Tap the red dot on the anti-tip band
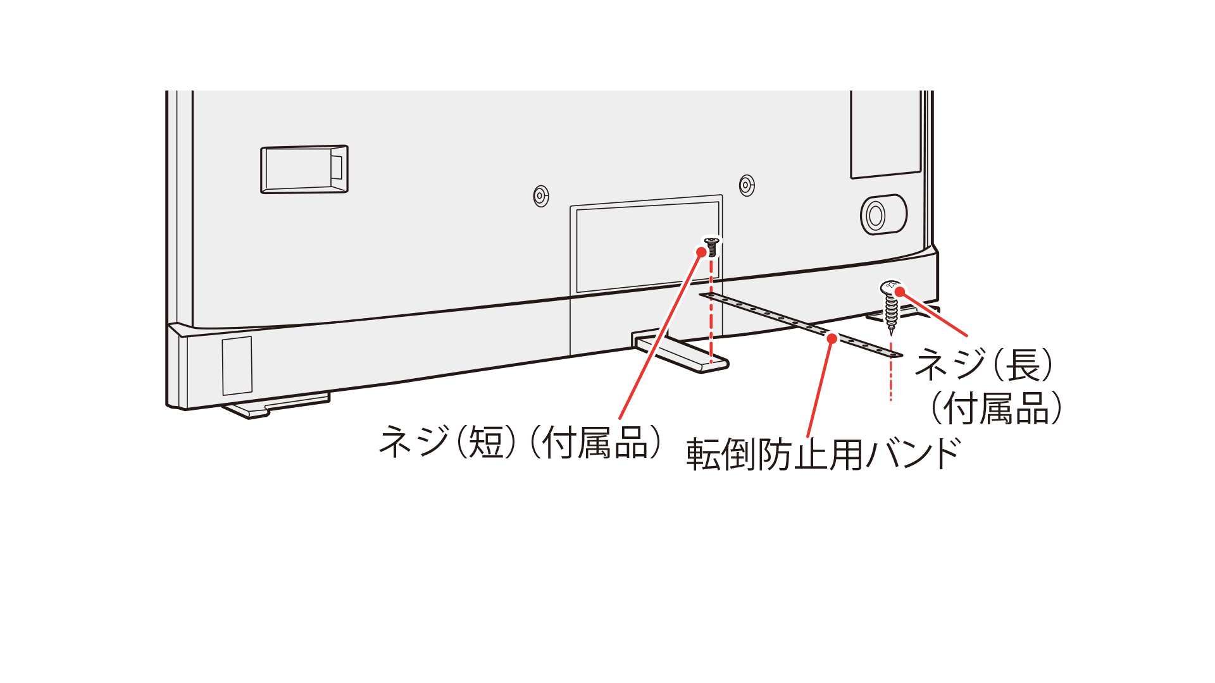pyautogui.click(x=832, y=339)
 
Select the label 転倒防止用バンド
pyautogui.click(x=823, y=454)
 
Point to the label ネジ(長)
pyautogui.click(x=985, y=365)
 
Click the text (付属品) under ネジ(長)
pyautogui.click(x=997, y=409)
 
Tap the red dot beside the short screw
pyautogui.click(x=701, y=252)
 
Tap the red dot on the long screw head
pyautogui.click(x=899, y=292)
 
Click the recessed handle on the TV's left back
pyautogui.click(x=304, y=169)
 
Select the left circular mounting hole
pyautogui.click(x=540, y=196)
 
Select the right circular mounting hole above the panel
pyautogui.click(x=747, y=186)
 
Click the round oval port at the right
pyautogui.click(x=882, y=215)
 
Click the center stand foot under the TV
pyautogui.click(x=683, y=355)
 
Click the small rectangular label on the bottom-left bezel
pyautogui.click(x=237, y=366)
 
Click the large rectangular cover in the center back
pyautogui.click(x=645, y=247)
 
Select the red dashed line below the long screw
pyautogui.click(x=891, y=373)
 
